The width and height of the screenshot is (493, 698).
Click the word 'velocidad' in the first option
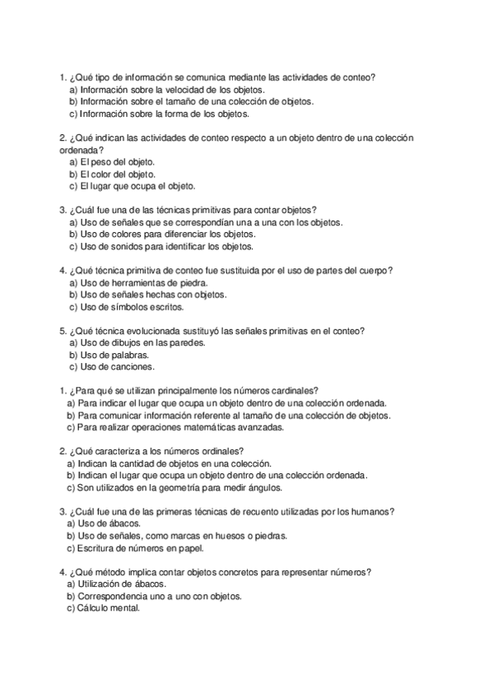tap(187, 90)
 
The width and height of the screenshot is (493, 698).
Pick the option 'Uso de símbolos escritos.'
tap(126, 307)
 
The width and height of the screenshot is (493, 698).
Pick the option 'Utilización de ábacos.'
tap(114, 584)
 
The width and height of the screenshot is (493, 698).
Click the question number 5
tap(63, 331)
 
